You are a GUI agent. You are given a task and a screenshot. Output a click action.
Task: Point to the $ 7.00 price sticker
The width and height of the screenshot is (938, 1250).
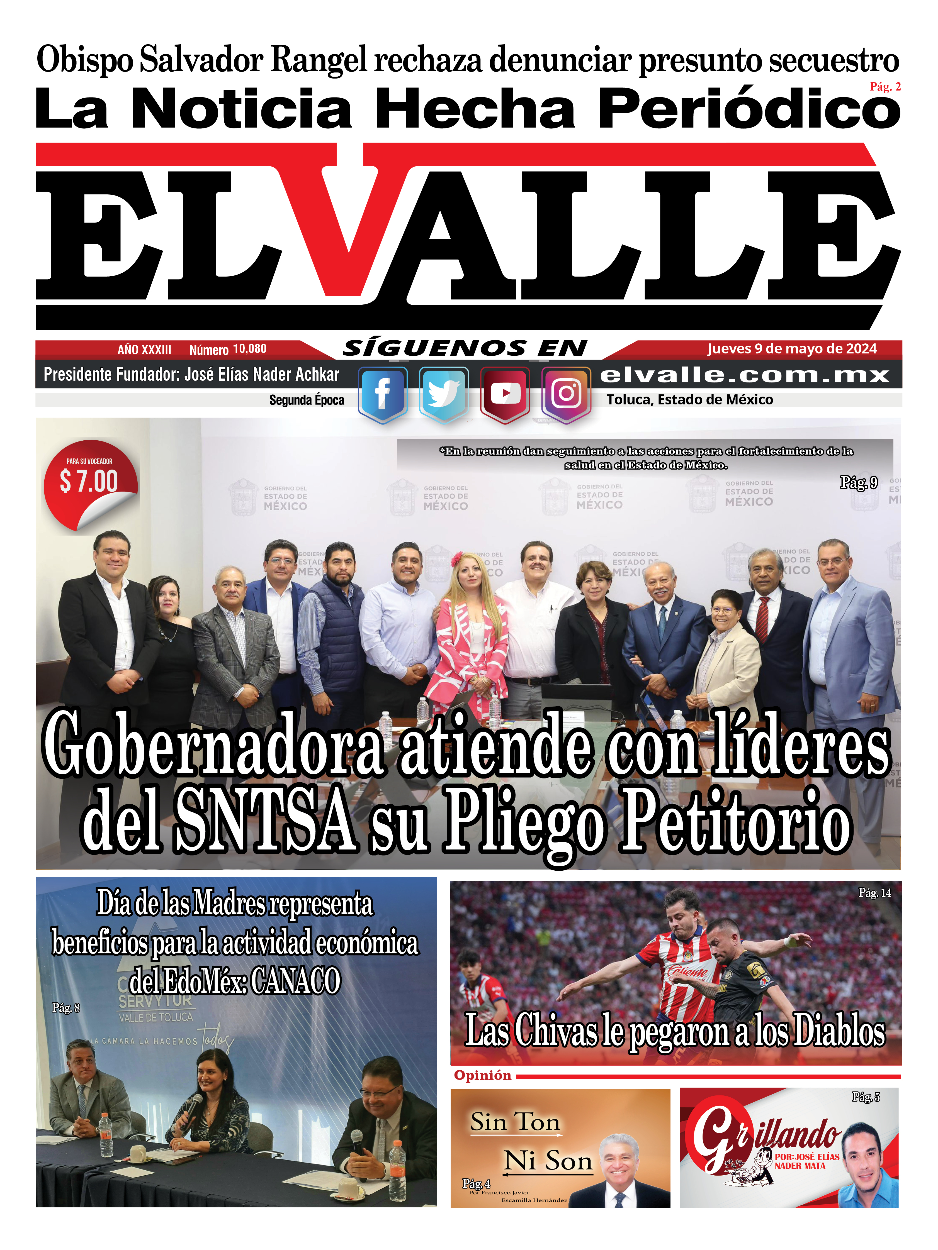point(89,482)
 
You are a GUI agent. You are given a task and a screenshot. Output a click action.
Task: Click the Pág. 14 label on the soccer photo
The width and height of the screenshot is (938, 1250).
point(874,893)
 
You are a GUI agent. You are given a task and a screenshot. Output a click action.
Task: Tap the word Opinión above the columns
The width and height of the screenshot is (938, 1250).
point(482,1075)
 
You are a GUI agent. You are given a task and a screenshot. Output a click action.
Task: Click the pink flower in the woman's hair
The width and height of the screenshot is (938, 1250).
point(457,560)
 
